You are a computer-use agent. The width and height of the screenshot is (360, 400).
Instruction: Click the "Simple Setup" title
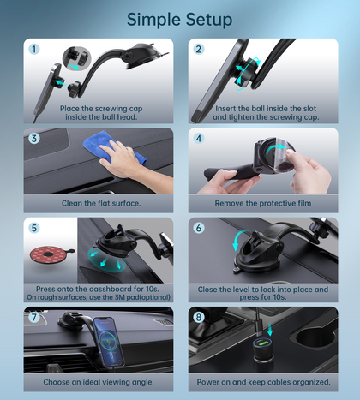pos(179,20)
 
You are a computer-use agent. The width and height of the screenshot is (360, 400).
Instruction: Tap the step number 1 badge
pos(34,49)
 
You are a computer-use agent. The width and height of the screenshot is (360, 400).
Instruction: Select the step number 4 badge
pos(199,139)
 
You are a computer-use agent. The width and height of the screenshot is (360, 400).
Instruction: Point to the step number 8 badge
pos(199,317)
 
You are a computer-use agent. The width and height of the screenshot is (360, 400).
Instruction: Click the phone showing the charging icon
pos(110,341)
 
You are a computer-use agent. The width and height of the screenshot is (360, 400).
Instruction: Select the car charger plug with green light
pos(263,349)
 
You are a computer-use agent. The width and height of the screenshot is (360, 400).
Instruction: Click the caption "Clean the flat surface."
pos(101,203)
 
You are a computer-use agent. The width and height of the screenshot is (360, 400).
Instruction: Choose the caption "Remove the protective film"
pos(263,203)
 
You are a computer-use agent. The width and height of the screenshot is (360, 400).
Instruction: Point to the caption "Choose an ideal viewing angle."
pos(99,382)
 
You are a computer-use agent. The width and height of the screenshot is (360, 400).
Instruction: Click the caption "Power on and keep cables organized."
pos(263,382)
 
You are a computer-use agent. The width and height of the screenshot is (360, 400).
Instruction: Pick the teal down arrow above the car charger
pos(270,330)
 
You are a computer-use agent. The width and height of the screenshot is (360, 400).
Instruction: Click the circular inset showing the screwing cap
pos(76,59)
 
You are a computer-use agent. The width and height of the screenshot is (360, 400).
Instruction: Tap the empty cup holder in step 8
pos(315,337)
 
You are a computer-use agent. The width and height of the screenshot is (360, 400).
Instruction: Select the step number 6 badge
pos(199,228)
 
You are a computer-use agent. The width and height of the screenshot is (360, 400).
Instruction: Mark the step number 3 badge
pos(34,139)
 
